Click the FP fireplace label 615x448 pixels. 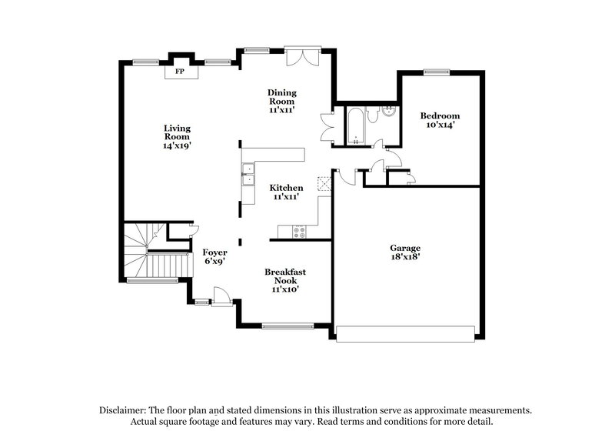tap(181, 72)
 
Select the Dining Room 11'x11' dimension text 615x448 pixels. tap(282, 110)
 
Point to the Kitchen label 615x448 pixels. tap(285, 188)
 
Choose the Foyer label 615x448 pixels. tap(214, 252)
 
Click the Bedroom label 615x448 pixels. tap(439, 115)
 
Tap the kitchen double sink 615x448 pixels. tap(248, 175)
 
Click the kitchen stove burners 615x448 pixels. tap(298, 230)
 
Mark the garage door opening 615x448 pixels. tap(405, 333)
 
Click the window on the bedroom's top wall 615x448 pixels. tap(436, 72)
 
